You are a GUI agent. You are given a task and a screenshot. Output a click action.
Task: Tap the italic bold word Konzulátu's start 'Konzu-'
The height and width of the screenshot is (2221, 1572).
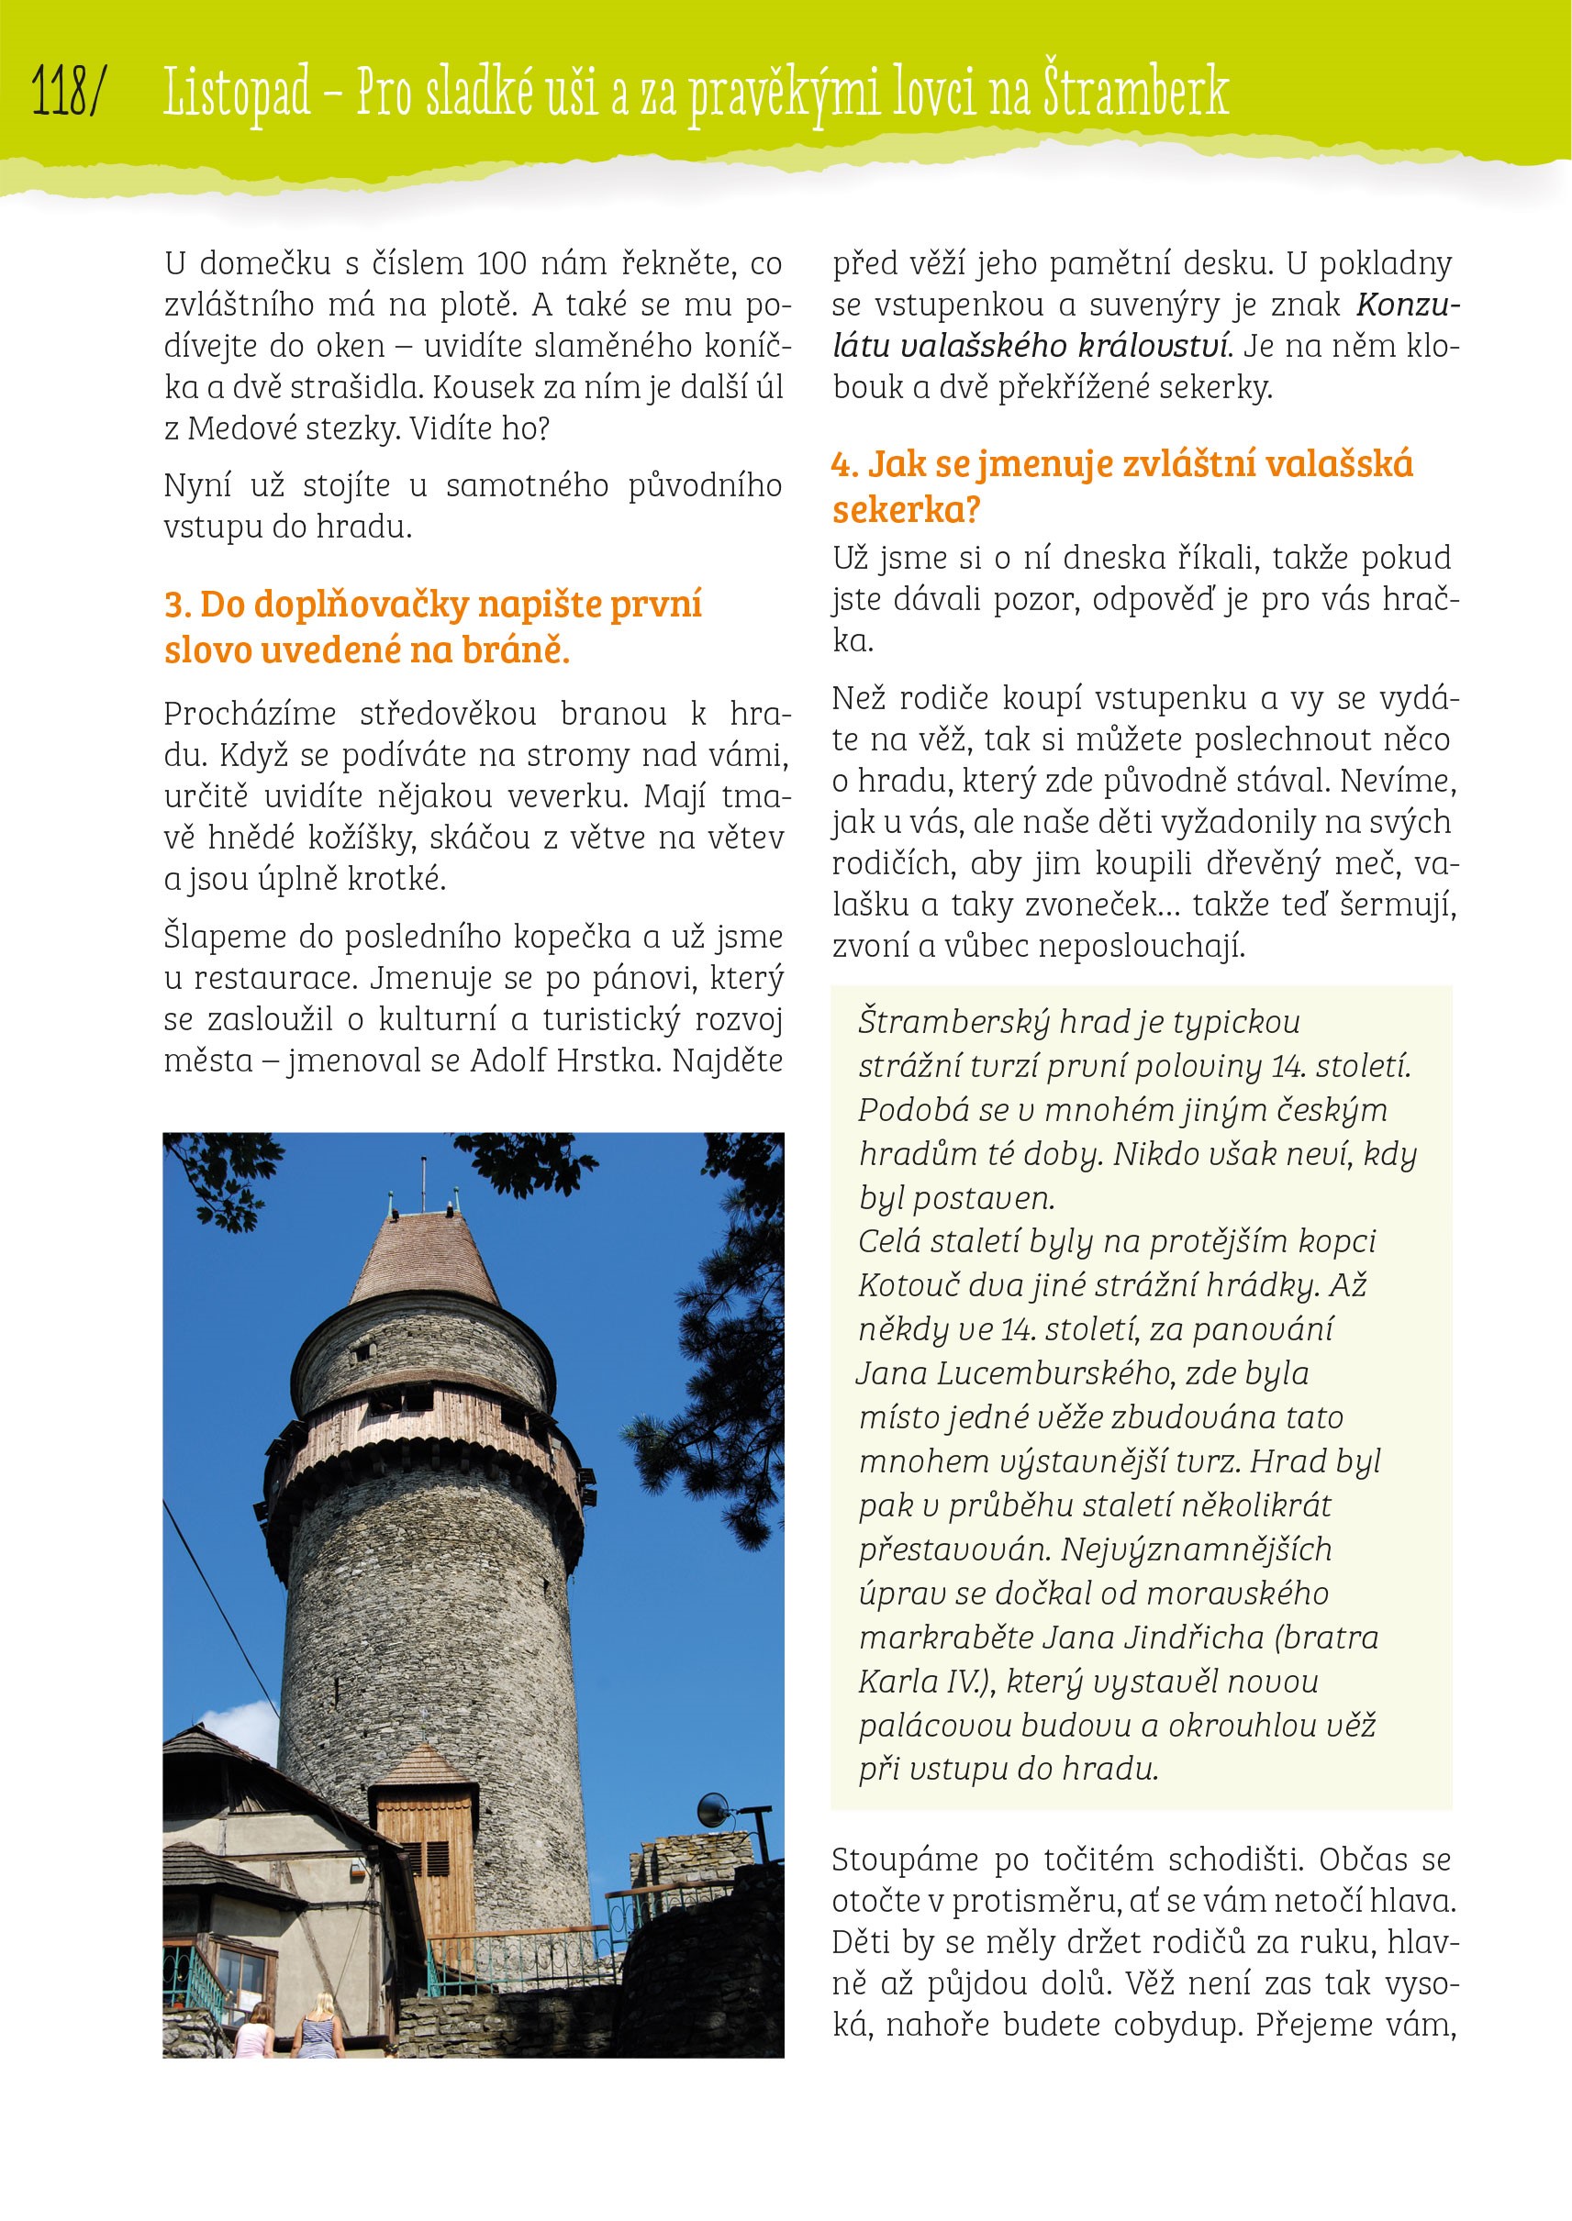pyautogui.click(x=1408, y=305)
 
